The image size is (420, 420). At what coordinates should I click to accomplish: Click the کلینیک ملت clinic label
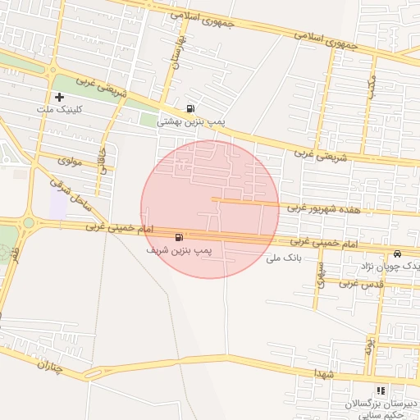(x=56, y=109)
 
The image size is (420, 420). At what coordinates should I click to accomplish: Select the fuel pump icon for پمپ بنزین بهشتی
(x=191, y=108)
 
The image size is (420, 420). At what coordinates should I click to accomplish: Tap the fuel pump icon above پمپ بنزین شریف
(x=179, y=236)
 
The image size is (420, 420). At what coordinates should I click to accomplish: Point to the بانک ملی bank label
(x=285, y=258)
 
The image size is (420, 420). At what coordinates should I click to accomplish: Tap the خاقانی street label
(x=103, y=159)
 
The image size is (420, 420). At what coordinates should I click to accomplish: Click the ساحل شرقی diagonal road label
(x=67, y=191)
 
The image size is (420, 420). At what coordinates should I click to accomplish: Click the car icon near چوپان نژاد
(x=398, y=253)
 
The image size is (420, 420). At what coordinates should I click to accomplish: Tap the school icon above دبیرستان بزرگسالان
(x=380, y=391)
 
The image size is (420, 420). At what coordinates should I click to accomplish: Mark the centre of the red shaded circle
(x=210, y=209)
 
